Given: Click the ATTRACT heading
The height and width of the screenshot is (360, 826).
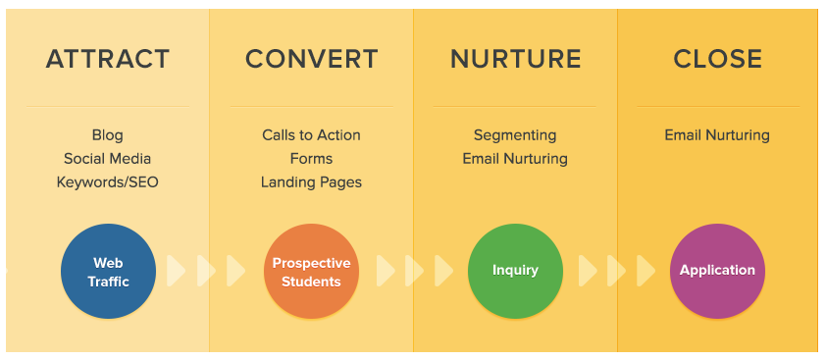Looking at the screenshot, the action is coord(108,60).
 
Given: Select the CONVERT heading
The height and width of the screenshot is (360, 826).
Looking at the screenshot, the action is coord(311,60).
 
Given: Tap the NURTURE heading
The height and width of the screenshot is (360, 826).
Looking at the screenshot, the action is coord(515,60).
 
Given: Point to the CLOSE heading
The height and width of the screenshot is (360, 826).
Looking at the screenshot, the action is coord(717,60).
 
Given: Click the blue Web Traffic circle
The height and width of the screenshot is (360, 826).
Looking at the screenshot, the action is coord(109,272).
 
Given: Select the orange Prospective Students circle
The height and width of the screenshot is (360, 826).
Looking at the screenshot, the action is coord(311,272).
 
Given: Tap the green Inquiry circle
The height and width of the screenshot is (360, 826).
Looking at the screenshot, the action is coord(515,271).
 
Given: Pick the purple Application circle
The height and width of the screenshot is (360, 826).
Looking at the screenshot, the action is coord(717,271).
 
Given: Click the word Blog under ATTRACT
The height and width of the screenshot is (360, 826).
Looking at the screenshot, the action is coord(108,135).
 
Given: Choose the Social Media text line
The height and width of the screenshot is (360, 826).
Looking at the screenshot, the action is coord(108,159).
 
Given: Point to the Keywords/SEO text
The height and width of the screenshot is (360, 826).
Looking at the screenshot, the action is coord(108,182).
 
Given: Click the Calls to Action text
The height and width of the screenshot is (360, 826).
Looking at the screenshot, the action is coord(311,135).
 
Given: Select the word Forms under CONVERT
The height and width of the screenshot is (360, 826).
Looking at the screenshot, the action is coord(311,159).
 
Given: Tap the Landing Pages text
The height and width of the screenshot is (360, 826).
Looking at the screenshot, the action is coord(311,182).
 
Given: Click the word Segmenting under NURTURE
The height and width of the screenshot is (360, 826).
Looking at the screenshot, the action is coord(515,135).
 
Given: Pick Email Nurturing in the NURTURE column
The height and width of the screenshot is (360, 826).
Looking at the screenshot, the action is coord(515,159).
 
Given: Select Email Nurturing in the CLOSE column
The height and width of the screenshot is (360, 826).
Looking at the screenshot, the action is coord(717,135).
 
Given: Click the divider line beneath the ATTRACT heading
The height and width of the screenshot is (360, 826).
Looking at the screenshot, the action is coord(108,106).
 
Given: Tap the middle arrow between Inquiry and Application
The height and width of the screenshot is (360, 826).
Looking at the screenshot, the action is coord(616,270).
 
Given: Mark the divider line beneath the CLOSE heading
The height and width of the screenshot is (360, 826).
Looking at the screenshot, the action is coord(717,106).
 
